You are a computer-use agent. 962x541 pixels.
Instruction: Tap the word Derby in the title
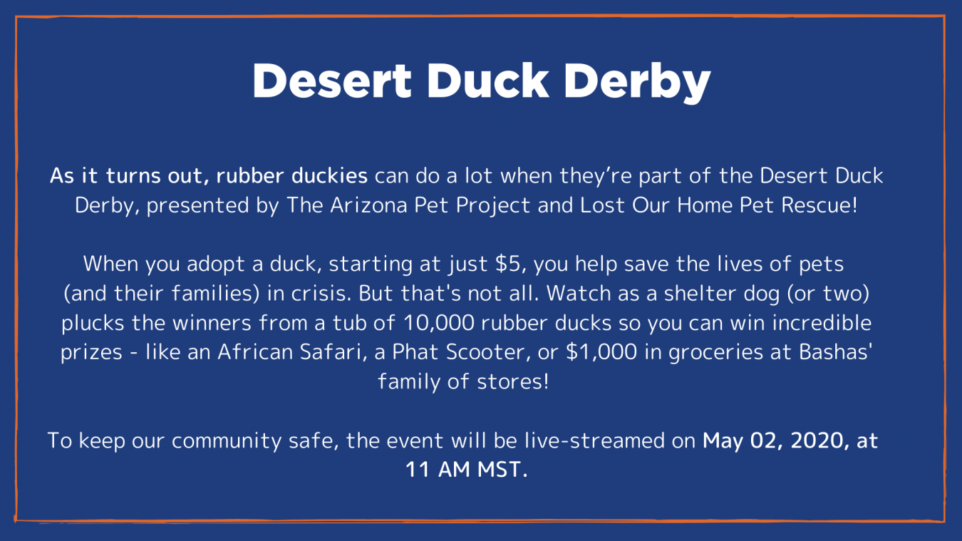637,83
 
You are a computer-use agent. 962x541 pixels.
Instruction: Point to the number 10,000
438,323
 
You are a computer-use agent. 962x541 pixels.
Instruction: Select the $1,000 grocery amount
601,352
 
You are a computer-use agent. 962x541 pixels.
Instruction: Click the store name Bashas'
835,352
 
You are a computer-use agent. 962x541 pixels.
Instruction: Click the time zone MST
502,470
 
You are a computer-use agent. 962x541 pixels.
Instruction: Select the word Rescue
819,205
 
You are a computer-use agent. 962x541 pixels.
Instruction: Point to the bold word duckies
329,176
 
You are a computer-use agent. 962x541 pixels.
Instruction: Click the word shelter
700,294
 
